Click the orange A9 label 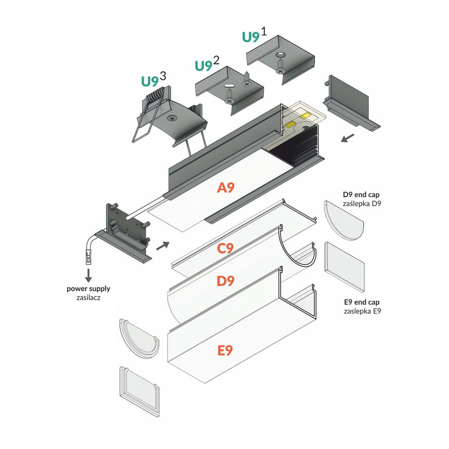click(x=226, y=187)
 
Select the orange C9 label click(x=225, y=248)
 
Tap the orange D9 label click(x=225, y=282)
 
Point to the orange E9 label click(x=225, y=350)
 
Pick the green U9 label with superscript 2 click(x=203, y=66)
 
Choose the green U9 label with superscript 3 click(x=150, y=81)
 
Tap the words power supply click(x=88, y=289)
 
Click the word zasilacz click(x=88, y=297)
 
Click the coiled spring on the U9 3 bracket click(x=155, y=96)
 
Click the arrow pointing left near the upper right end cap click(x=347, y=137)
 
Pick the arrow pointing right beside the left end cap click(x=163, y=245)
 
